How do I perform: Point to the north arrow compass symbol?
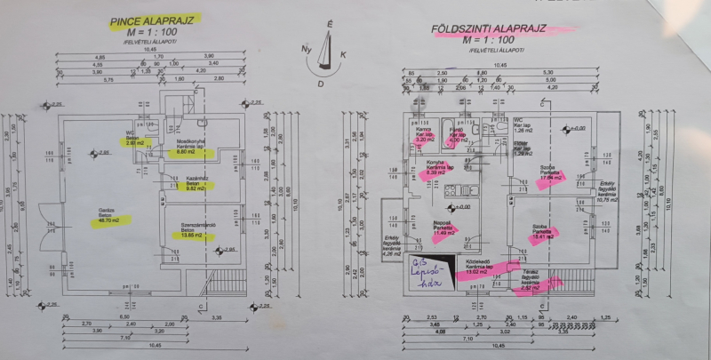tap(330, 49)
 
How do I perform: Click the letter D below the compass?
tap(321, 83)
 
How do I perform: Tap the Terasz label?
tap(530, 277)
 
